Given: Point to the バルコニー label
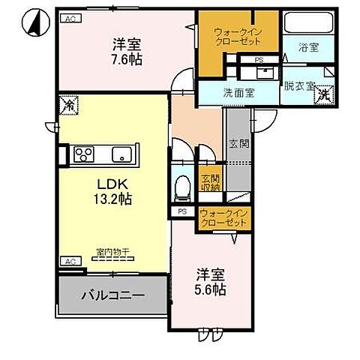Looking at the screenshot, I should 112,295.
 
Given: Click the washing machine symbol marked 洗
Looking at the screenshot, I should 324,94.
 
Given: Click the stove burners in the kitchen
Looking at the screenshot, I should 82,155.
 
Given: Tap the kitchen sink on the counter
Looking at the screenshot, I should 121,155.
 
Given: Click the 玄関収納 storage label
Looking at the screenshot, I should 210,184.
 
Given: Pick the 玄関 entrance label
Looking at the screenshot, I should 235,142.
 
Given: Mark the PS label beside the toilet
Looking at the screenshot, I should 181,212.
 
